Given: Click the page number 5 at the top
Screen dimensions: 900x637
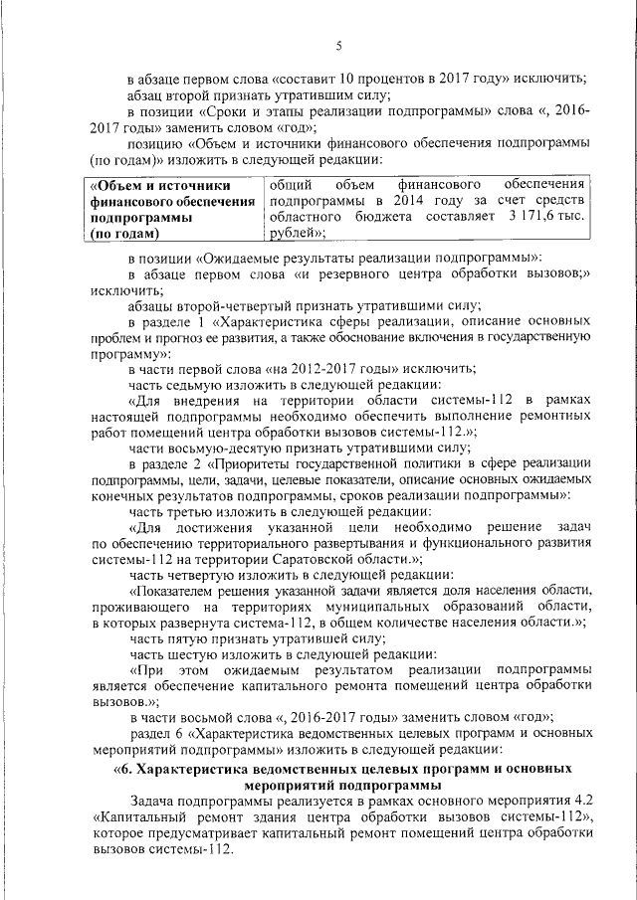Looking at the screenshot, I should point(338,47).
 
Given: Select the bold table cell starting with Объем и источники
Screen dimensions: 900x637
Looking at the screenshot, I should point(171,210).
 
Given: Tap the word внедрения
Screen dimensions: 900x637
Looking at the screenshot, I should point(207,401).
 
